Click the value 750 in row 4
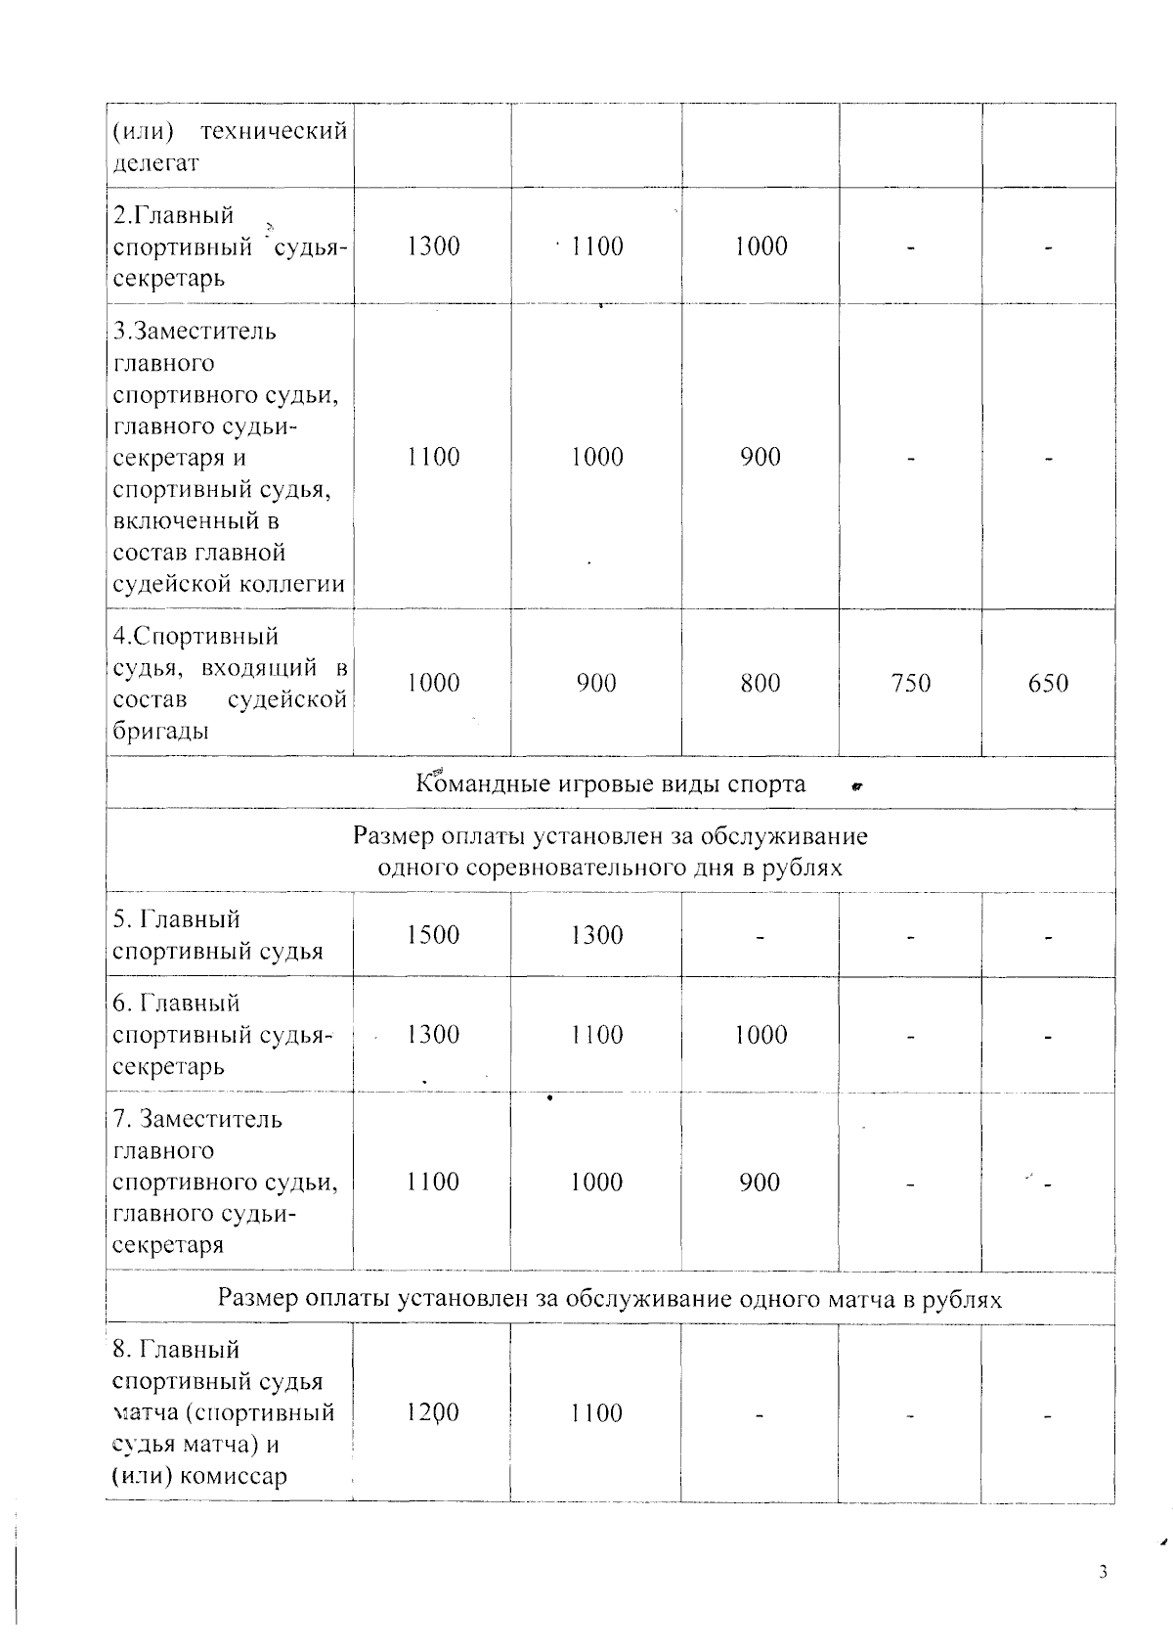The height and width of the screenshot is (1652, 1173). pyautogui.click(x=910, y=683)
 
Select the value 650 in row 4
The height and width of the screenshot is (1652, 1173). pyautogui.click(x=1048, y=683)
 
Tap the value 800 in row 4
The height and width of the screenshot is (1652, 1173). pyautogui.click(x=760, y=683)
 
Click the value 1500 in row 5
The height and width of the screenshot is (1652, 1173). pyautogui.click(x=433, y=935)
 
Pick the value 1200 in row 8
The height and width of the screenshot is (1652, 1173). pyautogui.click(x=433, y=1412)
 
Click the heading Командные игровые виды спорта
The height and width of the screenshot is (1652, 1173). pyautogui.click(x=611, y=784)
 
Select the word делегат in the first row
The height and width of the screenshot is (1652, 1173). pyautogui.click(x=156, y=163)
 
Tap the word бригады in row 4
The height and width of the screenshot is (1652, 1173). pyautogui.click(x=160, y=731)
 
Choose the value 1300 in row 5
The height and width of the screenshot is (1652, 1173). pyautogui.click(x=596, y=935)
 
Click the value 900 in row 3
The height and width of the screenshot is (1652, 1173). pyautogui.click(x=760, y=457)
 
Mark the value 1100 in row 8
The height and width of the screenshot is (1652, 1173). pyautogui.click(x=596, y=1412)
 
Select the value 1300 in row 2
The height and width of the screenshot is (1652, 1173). pyautogui.click(x=433, y=246)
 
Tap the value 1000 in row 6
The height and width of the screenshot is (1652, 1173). pyautogui.click(x=760, y=1035)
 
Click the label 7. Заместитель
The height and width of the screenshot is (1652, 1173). pyautogui.click(x=197, y=1119)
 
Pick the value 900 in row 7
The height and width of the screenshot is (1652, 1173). pyautogui.click(x=760, y=1183)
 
